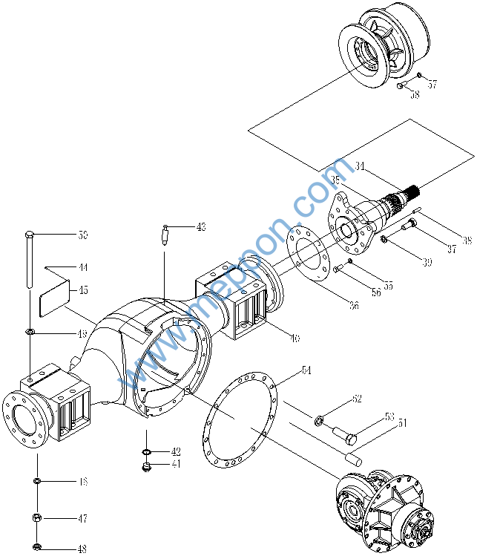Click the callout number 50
coord(82,235)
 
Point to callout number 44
coord(82,267)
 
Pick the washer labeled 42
coord(146,452)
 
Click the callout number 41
coord(176,465)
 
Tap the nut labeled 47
coord(36,517)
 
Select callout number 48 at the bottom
coord(82,549)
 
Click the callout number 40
coord(295,339)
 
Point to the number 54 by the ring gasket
coord(306,370)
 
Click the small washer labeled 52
coord(320,421)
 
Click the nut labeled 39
coord(384,239)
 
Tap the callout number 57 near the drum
coord(432,85)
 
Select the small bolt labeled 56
coord(338,269)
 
